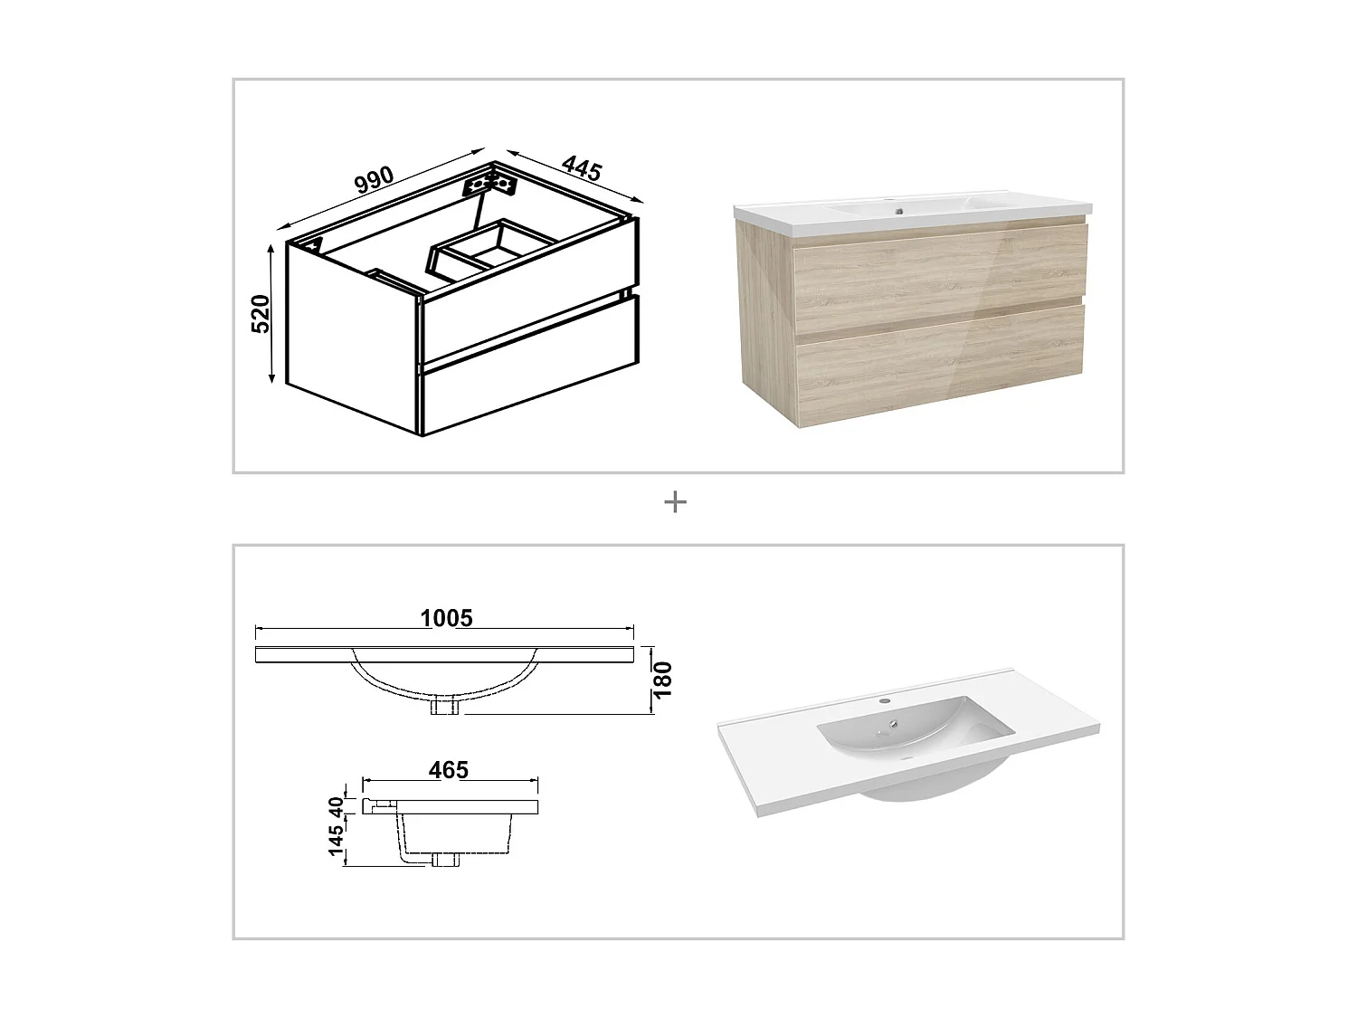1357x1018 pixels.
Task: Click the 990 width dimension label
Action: (374, 179)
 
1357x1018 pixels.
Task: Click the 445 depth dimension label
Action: (582, 168)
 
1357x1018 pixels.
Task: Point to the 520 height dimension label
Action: (260, 313)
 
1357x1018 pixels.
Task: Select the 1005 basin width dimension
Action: (446, 618)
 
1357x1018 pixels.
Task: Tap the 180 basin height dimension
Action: (663, 680)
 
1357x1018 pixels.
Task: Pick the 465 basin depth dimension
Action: (449, 769)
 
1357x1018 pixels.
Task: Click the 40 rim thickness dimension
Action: (337, 805)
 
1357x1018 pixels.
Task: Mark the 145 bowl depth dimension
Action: (337, 841)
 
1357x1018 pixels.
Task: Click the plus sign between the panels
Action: (675, 501)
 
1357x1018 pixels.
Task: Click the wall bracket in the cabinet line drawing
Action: (489, 184)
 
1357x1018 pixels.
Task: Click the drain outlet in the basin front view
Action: (445, 705)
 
